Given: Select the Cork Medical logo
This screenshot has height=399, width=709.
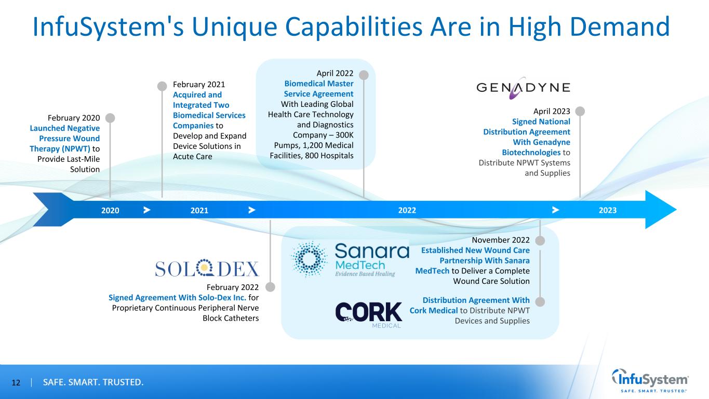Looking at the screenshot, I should coord(369,314).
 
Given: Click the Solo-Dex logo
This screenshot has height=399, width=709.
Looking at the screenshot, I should coord(207,268).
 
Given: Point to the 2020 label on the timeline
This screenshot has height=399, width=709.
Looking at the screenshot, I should coord(110,210).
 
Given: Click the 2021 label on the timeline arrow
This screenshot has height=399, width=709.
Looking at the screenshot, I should coord(199,210).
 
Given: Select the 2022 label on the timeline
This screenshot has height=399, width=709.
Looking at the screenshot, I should coord(407,210).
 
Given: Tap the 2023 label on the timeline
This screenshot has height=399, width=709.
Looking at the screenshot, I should coord(608,210).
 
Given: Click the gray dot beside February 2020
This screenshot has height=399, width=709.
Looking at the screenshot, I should coord(110,117).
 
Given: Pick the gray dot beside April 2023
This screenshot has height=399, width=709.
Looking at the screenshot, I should coord(580,111).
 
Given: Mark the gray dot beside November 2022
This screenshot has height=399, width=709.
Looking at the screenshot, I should coord(540,241).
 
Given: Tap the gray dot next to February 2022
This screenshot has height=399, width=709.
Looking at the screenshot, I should coord(270,286).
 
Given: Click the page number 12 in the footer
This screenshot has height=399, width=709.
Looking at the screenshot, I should coord(16,383).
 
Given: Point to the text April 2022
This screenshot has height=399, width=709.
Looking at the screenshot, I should coord(335,74).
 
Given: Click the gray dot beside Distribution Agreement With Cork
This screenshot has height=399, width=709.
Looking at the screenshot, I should coord(540,301).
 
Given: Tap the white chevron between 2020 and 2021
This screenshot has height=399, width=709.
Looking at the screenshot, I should coord(147,210).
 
